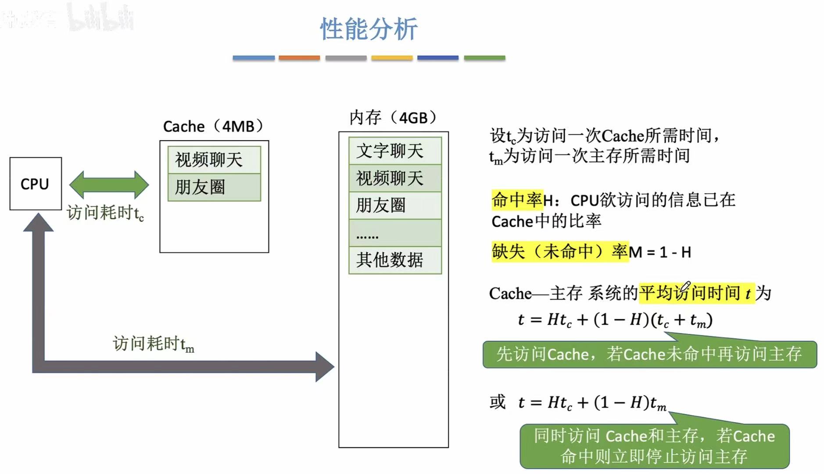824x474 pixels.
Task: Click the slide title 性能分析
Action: click(369, 29)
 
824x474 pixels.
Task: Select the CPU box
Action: click(36, 184)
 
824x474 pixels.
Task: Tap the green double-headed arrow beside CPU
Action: click(109, 185)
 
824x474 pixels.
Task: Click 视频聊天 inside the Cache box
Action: click(214, 159)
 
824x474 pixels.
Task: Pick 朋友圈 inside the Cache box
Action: click(214, 188)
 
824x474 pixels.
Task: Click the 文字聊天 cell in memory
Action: click(395, 151)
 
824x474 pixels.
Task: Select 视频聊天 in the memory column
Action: click(395, 178)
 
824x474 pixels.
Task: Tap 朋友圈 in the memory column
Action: click(395, 205)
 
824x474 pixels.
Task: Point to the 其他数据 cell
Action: click(395, 260)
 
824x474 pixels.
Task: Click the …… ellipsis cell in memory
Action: click(395, 233)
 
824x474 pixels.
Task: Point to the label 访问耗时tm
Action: click(153, 344)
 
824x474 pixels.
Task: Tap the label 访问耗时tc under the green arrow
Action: click(105, 213)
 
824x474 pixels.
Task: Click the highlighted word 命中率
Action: click(517, 200)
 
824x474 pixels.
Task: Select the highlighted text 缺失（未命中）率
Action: click(560, 252)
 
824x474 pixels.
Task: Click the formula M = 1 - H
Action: click(660, 252)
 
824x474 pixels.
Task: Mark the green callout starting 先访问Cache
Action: click(649, 354)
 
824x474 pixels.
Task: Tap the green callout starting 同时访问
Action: click(654, 446)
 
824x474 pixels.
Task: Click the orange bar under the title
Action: click(299, 58)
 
